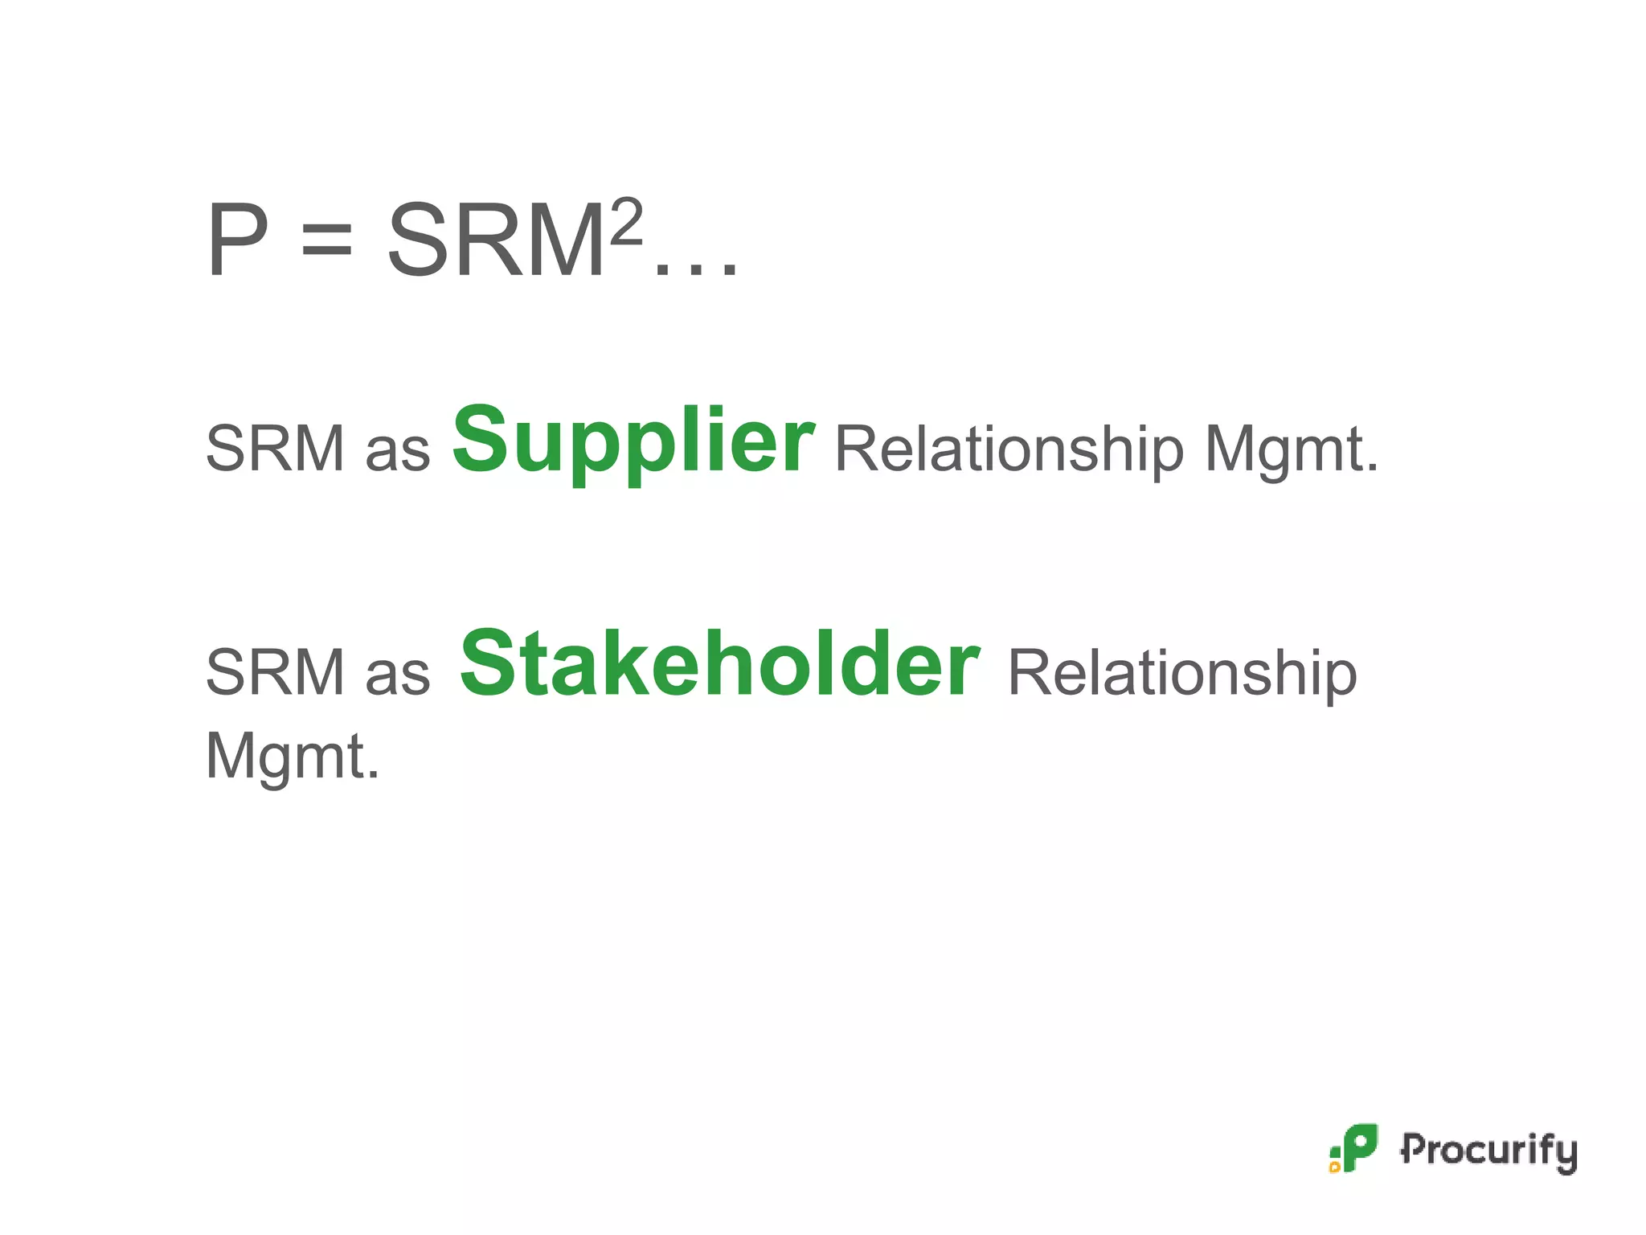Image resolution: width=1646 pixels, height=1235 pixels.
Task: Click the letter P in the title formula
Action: [x=238, y=240]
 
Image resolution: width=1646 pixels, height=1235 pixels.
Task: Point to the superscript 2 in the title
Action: [x=627, y=222]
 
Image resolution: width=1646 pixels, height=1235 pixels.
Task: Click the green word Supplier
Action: [x=634, y=441]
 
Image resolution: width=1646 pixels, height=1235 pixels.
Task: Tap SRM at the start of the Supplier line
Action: [x=276, y=449]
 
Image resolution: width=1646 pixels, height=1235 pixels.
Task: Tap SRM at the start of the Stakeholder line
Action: [x=276, y=672]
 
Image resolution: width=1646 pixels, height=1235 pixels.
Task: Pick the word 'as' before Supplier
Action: [x=398, y=450]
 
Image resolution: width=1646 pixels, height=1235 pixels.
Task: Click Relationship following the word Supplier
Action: [x=1009, y=450]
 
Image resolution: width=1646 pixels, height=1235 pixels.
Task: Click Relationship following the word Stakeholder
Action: [x=1182, y=674]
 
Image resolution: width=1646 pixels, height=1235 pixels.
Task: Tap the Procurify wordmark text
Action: [x=1488, y=1151]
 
